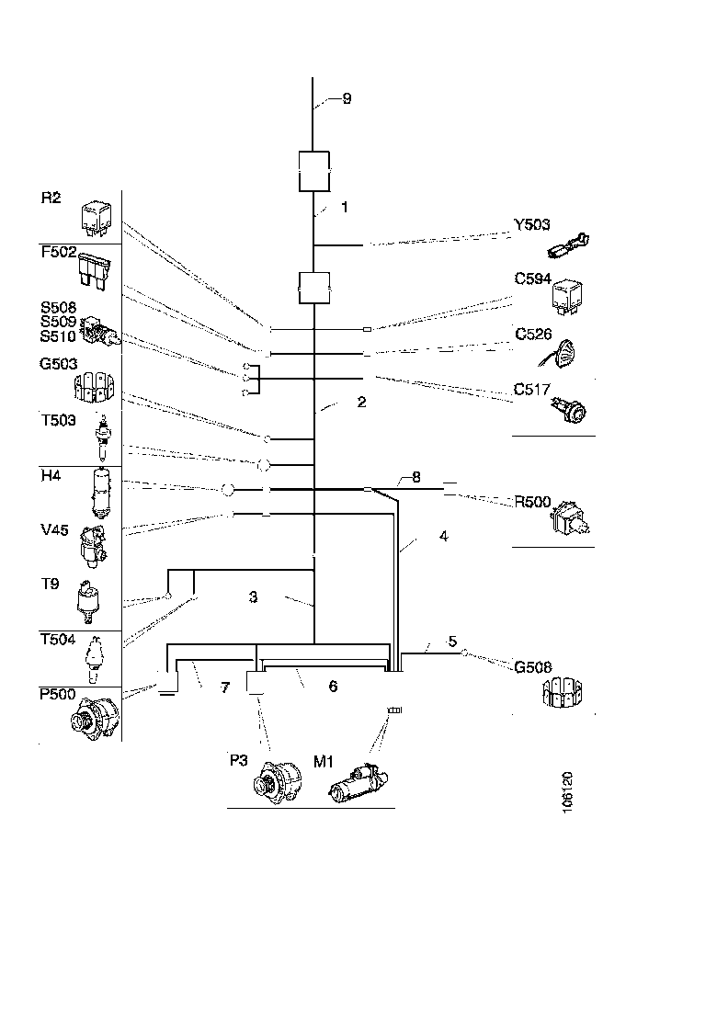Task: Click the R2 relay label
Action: (50, 197)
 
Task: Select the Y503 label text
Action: (531, 226)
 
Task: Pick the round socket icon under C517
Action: (571, 410)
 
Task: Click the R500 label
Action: (532, 502)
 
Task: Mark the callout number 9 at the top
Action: (347, 99)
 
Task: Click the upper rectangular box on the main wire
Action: (314, 172)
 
